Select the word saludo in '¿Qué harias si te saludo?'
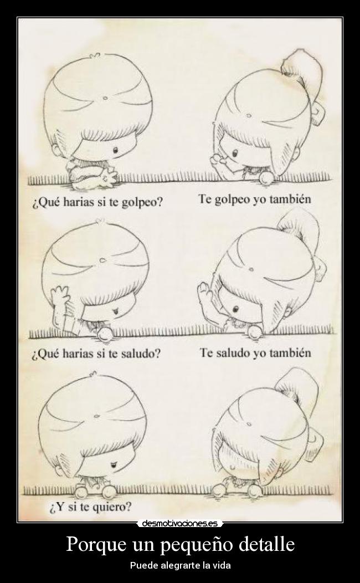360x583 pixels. click(x=141, y=353)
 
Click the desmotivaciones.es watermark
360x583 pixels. click(x=180, y=523)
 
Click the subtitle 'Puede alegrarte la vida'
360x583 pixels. click(x=180, y=566)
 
